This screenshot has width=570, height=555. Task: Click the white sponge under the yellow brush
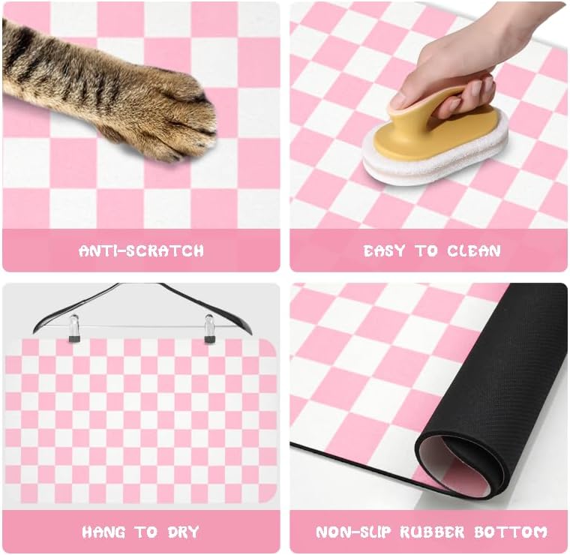click(x=435, y=161)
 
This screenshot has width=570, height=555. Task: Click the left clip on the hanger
click(x=74, y=328)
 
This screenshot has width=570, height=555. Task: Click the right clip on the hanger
click(x=210, y=328)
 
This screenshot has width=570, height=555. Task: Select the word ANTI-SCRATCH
click(x=141, y=250)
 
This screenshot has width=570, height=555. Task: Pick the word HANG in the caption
click(x=103, y=532)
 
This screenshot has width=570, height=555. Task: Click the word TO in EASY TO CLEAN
click(x=427, y=250)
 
